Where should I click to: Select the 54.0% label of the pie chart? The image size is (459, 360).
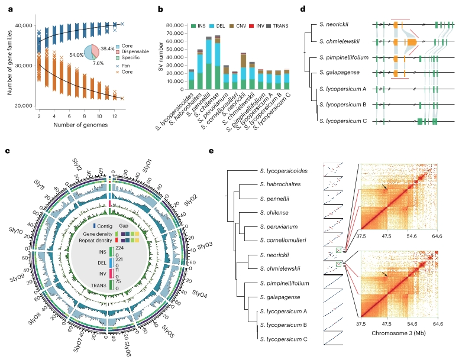76,54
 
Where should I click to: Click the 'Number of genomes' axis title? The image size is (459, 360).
77,124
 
